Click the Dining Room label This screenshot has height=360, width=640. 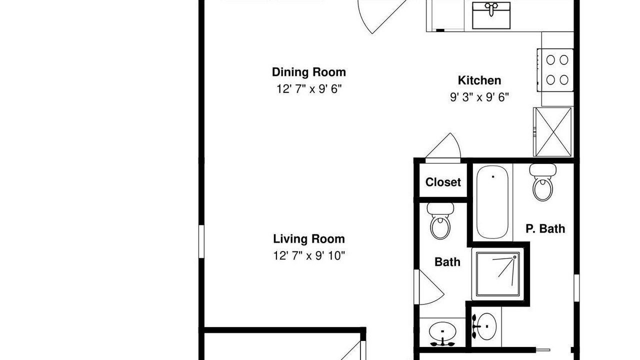coord(309,72)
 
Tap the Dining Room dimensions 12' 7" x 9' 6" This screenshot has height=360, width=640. coord(309,89)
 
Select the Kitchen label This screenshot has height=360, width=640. coord(479,80)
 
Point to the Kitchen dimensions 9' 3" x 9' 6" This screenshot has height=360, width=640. coord(479,97)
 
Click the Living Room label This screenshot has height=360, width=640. coord(309,239)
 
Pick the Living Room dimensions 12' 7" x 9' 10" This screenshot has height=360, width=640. coord(309,255)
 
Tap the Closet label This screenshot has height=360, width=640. coord(443,182)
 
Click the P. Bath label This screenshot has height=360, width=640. coord(545,228)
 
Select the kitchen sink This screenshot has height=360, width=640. coord(491,15)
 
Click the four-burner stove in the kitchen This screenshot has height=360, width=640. coord(555,70)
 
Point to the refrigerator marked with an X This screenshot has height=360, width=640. coord(553,131)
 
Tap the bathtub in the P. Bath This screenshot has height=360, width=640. coord(492,202)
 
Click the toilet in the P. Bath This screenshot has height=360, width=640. coord(542,182)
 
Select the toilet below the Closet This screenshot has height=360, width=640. coord(440,221)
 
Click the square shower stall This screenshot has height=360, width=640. coord(497,274)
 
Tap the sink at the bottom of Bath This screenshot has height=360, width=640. coord(442,333)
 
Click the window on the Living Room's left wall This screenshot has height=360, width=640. coord(201,241)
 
